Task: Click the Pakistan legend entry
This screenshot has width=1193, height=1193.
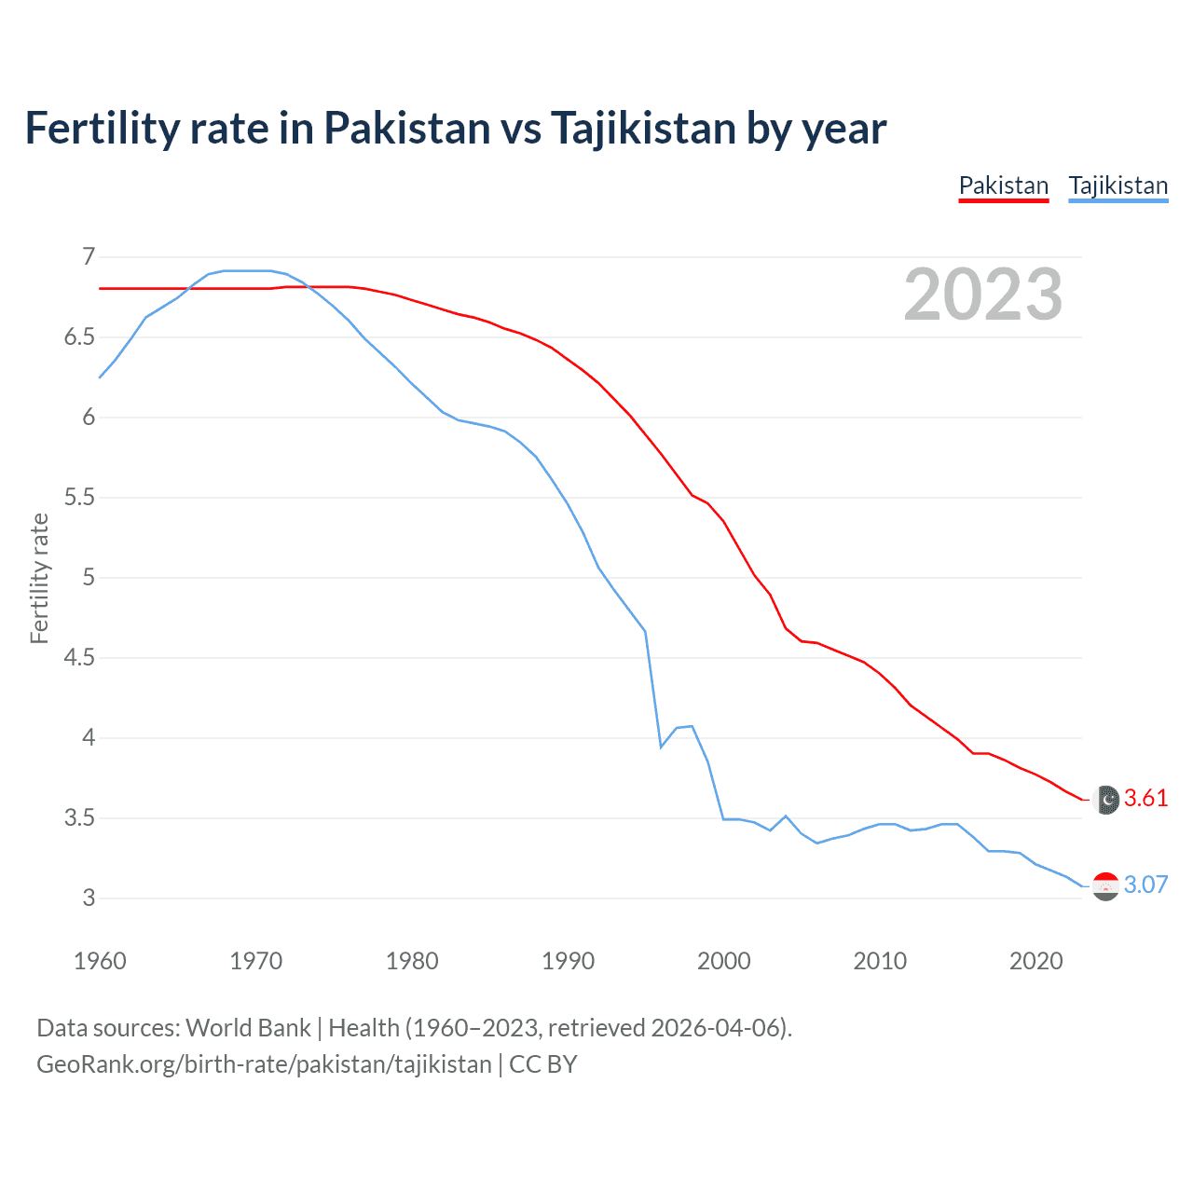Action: [1004, 185]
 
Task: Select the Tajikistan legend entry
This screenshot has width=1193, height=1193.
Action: [1118, 185]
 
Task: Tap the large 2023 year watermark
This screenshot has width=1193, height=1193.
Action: [982, 295]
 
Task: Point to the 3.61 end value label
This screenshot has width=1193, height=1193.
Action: [1145, 798]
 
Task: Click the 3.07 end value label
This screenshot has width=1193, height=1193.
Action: [1145, 884]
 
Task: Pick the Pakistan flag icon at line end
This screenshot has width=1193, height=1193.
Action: [1106, 800]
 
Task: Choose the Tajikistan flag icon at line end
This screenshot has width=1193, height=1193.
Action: [1105, 885]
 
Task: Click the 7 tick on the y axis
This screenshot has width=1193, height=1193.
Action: [89, 256]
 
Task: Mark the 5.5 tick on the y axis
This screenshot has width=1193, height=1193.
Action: [80, 497]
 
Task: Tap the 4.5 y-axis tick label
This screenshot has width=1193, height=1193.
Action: [80, 658]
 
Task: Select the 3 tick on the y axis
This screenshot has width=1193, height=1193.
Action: [89, 898]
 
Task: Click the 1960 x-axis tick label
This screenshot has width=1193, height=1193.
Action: [100, 961]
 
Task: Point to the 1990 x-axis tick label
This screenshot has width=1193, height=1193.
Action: [568, 961]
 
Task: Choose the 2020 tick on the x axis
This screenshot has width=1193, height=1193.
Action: [1035, 961]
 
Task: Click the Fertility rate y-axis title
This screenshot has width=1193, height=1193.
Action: [39, 578]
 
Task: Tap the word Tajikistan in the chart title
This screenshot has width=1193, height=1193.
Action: [641, 128]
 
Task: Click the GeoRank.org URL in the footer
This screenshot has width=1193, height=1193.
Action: [264, 1064]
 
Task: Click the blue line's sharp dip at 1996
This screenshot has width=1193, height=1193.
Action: [661, 747]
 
